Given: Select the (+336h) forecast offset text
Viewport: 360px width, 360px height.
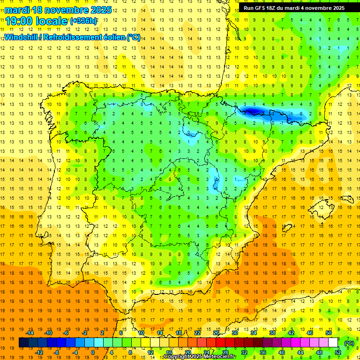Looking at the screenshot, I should (83, 21).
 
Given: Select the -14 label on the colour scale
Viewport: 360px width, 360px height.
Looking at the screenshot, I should (30, 333).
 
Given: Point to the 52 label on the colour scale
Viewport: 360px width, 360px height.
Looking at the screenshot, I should (338, 352).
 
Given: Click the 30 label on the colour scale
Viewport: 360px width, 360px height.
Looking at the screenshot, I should (235, 333).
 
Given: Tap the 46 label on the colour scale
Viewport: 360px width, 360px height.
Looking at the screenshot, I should (310, 333).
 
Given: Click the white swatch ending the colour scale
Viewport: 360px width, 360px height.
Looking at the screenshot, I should (333, 343).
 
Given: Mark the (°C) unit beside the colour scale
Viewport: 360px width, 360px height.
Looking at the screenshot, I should (349, 343).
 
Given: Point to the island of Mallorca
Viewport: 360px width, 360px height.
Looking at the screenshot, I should (323, 204).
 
